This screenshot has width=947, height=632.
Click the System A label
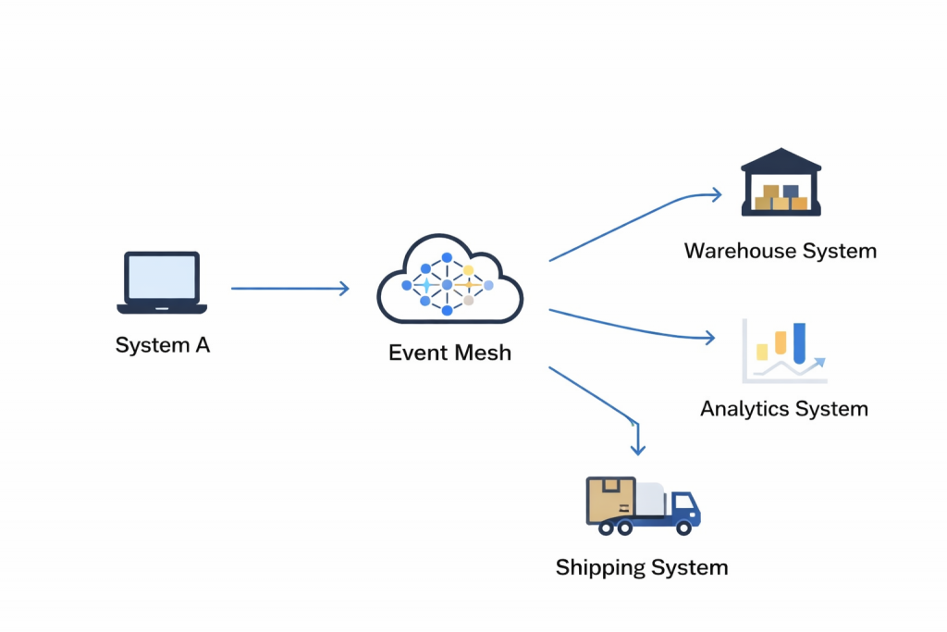coord(163,345)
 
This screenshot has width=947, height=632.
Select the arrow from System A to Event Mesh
coord(289,289)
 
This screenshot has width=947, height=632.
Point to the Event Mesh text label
coord(449,353)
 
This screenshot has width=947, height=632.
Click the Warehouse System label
coord(781,251)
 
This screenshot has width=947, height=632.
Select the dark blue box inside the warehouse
coord(791,192)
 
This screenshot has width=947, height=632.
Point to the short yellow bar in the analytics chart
coord(762,352)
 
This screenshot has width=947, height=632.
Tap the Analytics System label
coord(784,409)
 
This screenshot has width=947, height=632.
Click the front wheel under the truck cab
coord(684,527)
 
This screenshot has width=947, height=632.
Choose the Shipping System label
coord(642,567)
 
